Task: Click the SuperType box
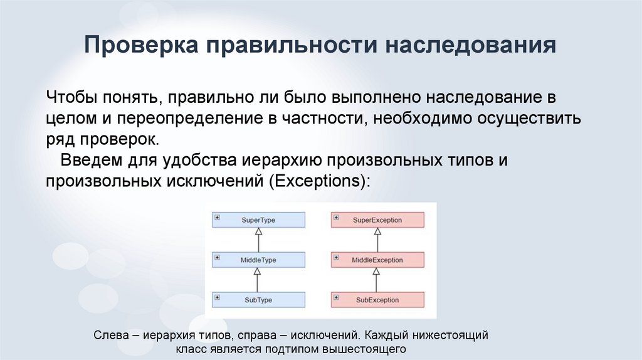(258, 220)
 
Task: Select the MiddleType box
(258, 260)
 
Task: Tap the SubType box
(258, 300)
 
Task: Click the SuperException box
(377, 220)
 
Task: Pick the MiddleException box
(377, 260)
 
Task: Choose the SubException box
(377, 300)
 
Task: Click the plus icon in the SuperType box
(217, 217)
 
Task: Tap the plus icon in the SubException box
(336, 297)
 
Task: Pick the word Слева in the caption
(110, 336)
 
